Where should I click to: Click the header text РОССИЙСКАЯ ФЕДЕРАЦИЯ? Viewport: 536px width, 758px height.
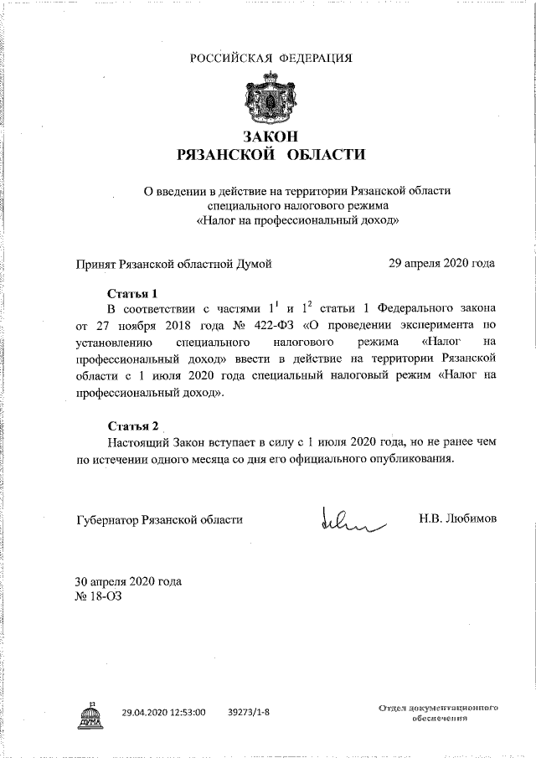(x=271, y=58)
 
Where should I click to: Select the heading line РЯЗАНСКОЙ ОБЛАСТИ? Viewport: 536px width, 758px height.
(x=271, y=155)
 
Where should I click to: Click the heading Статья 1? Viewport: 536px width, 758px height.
(x=133, y=293)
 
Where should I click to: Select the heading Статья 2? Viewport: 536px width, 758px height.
(x=133, y=425)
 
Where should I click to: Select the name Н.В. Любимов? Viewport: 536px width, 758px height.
(x=457, y=518)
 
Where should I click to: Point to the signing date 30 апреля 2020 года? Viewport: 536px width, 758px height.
(x=128, y=581)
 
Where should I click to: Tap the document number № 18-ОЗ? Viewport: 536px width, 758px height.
(x=99, y=596)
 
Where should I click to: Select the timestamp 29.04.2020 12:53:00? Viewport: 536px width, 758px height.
(x=163, y=714)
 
